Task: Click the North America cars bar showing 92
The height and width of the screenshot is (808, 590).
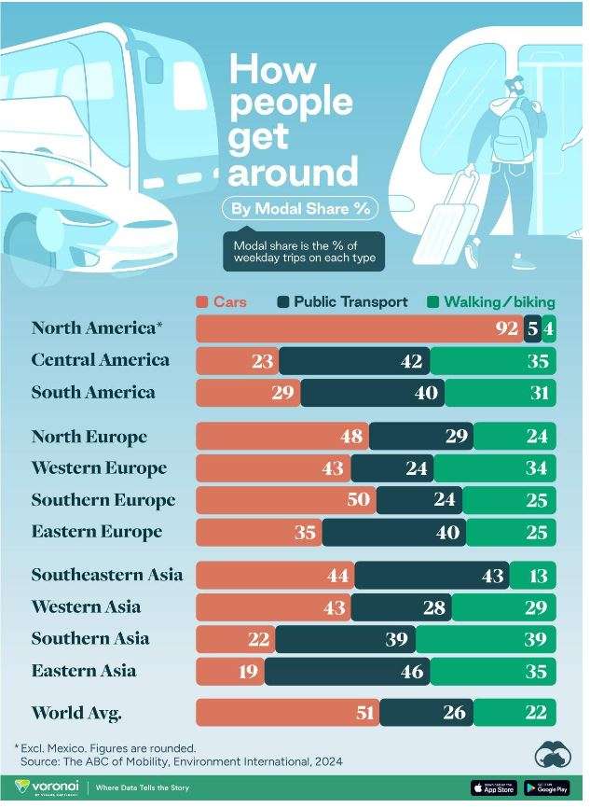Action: point(359,328)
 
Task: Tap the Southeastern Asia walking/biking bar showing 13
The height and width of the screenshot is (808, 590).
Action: point(532,576)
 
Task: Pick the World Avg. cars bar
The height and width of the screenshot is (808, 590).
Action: point(287,714)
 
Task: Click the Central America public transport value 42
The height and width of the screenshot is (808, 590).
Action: point(412,361)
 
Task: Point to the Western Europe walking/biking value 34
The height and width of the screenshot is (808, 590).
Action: point(536,468)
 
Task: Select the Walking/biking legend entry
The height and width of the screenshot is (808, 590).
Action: point(490,301)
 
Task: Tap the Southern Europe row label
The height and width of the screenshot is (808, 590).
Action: point(103,500)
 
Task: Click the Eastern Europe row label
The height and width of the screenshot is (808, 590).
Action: point(97,532)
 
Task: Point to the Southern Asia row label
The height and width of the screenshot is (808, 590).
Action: point(91,639)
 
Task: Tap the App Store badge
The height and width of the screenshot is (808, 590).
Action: point(493,788)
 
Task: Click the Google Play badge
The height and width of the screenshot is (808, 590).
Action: point(547,788)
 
